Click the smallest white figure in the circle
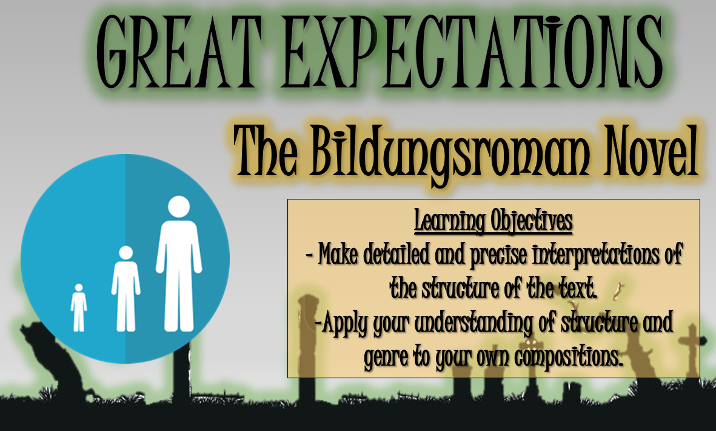point(79,307)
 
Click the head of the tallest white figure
point(178,207)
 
